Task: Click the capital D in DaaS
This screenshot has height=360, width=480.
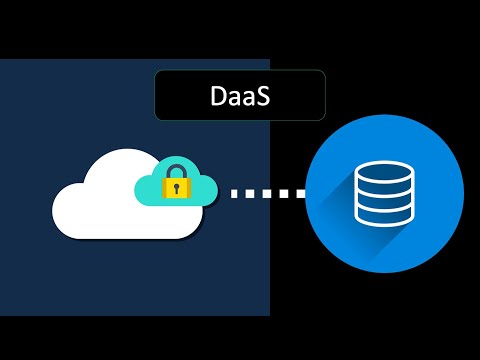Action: click(x=219, y=97)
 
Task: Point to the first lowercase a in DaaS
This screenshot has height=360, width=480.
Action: click(x=235, y=99)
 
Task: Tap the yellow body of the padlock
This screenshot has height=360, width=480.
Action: click(x=177, y=188)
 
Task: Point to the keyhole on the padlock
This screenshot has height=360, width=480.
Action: click(x=177, y=187)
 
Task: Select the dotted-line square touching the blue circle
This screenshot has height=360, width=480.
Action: click(x=299, y=192)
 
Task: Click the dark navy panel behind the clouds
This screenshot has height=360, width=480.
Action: click(x=60, y=110)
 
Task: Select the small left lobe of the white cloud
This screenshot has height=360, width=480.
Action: click(x=68, y=205)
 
